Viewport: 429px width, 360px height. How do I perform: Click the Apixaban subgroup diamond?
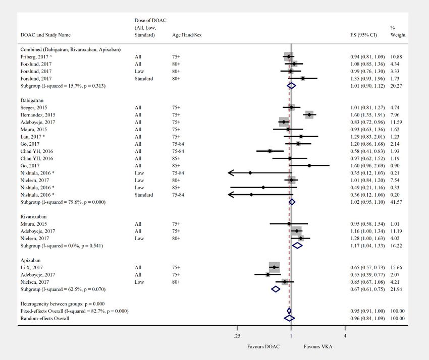click(x=276, y=289)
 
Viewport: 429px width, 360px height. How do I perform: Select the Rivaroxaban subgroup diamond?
click(x=297, y=246)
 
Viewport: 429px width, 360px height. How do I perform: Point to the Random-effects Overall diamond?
click(x=289, y=318)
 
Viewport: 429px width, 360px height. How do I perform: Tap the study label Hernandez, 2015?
click(x=38, y=115)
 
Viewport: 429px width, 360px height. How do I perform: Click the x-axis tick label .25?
click(x=237, y=336)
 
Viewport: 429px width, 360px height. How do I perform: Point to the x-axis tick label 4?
click(x=345, y=336)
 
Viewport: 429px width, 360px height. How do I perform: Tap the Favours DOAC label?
click(x=263, y=347)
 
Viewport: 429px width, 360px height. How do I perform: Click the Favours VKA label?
click(x=318, y=347)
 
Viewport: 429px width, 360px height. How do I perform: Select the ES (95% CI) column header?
click(x=362, y=35)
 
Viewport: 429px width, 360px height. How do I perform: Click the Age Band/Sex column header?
click(x=187, y=35)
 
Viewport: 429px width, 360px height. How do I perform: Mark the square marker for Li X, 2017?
click(x=274, y=267)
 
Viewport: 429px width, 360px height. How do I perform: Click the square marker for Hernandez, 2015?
click(x=309, y=115)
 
